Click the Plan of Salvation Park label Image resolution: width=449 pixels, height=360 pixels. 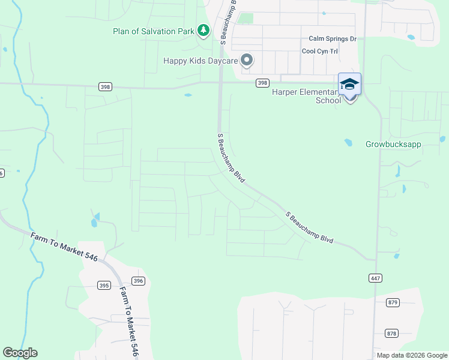pyautogui.click(x=154, y=31)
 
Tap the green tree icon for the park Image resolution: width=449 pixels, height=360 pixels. pyautogui.click(x=203, y=30)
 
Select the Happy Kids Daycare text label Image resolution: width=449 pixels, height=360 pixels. pyautogui.click(x=200, y=61)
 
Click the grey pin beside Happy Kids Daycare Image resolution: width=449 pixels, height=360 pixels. pyautogui.click(x=246, y=60)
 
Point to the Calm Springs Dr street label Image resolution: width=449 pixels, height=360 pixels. pyautogui.click(x=332, y=39)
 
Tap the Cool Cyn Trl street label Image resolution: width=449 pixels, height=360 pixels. pyautogui.click(x=319, y=52)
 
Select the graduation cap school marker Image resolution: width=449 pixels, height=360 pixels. pyautogui.click(x=349, y=85)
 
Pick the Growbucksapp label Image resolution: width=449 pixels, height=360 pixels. pyautogui.click(x=393, y=145)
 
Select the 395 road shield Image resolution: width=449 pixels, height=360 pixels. pyautogui.click(x=104, y=286)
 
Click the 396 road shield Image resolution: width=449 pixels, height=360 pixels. pyautogui.click(x=137, y=281)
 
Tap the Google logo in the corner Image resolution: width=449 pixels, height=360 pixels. pyautogui.click(x=20, y=353)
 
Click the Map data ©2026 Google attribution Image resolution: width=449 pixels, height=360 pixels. pyautogui.click(x=412, y=355)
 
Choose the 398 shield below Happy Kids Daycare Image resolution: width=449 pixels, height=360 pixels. pyautogui.click(x=262, y=83)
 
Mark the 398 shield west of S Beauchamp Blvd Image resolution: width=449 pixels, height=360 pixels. pyautogui.click(x=106, y=87)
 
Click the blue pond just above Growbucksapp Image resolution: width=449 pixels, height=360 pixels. pyautogui.click(x=348, y=143)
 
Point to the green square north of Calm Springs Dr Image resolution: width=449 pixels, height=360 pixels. pyautogui.click(x=245, y=17)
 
